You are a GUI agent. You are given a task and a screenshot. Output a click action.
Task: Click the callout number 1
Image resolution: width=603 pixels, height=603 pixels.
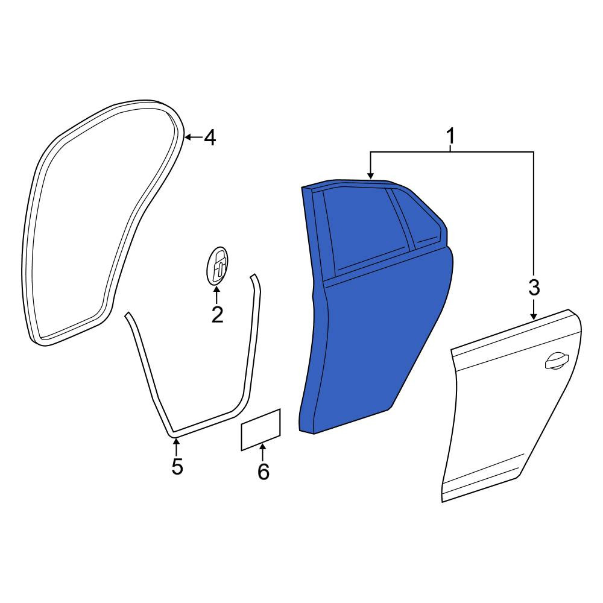point(450,136)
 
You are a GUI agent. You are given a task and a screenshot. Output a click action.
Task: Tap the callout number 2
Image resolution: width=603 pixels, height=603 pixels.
point(217,315)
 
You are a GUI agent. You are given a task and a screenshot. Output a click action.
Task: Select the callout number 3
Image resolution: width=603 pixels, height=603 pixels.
point(534,287)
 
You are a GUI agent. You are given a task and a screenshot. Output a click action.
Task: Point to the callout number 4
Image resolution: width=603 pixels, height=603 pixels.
point(210,137)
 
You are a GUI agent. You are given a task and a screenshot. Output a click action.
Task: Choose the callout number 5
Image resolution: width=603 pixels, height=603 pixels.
point(177,467)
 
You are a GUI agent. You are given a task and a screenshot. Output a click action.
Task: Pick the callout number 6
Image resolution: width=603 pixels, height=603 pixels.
point(264,472)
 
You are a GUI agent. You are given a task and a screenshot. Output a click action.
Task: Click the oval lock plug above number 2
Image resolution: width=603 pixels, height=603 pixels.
point(217,266)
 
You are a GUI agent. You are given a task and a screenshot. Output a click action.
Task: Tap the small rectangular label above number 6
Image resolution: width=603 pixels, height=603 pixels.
point(260,429)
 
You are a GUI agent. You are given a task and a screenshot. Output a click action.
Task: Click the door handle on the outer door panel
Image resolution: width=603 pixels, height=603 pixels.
point(557,361)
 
